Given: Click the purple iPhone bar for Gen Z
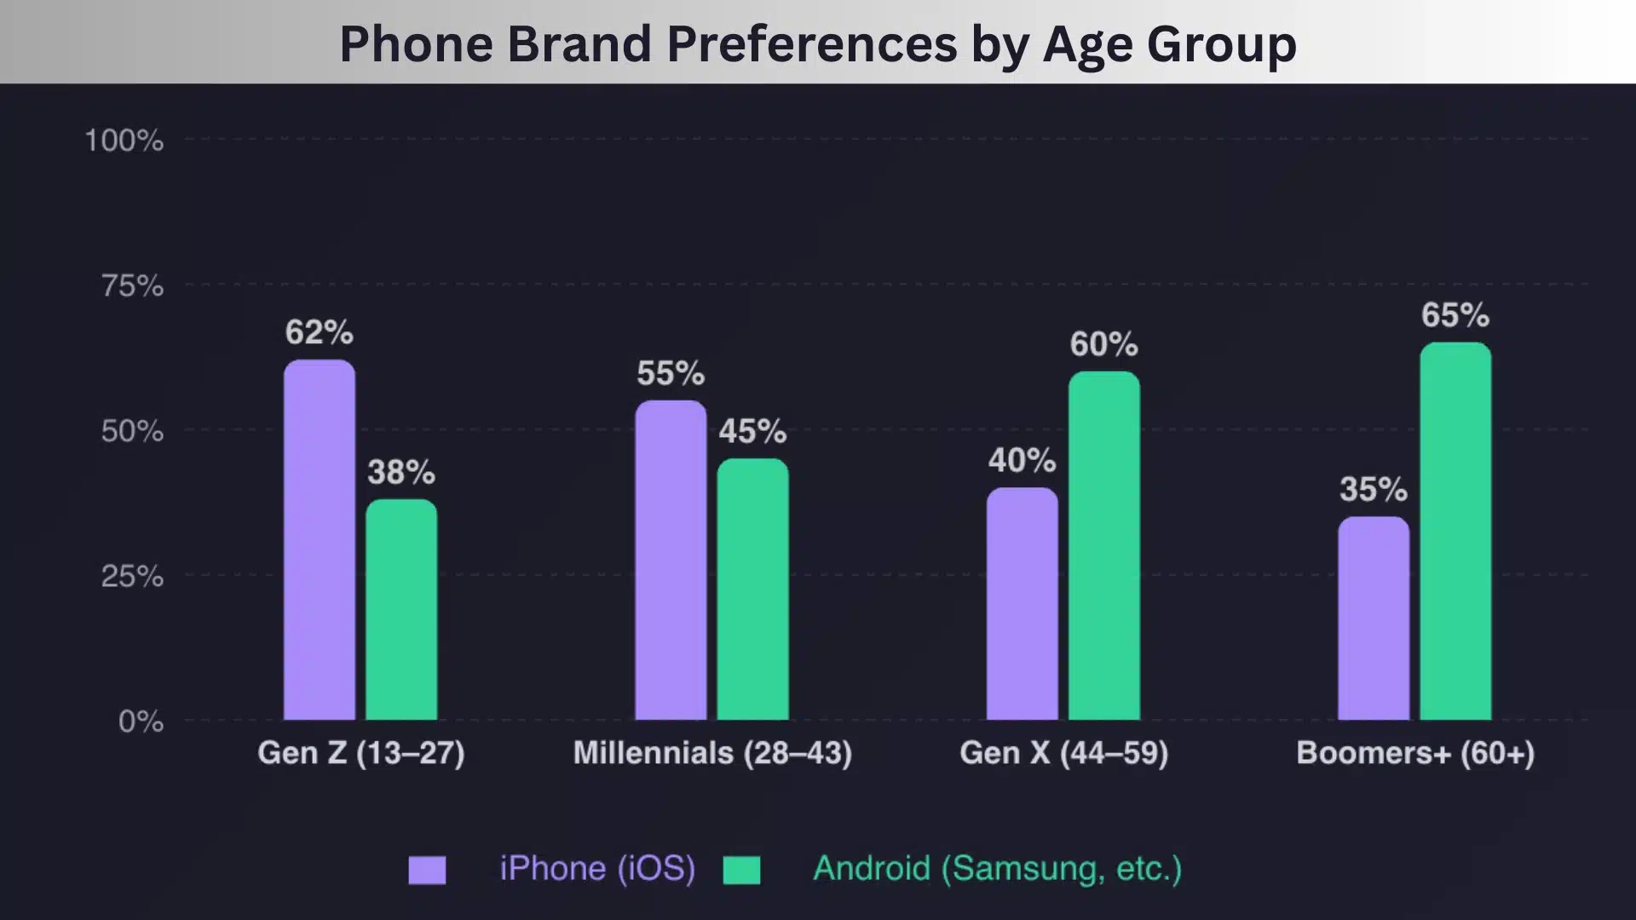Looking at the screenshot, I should coord(320,540).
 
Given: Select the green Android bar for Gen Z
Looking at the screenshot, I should coord(401,610).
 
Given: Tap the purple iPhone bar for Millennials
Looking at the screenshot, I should coord(671,561).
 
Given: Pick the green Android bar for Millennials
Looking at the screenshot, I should coord(752,589).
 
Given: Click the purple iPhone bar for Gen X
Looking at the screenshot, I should coord(1022,604).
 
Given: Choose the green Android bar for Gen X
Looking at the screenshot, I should coord(1104,546).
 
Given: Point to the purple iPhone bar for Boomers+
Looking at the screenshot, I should coord(1374,618).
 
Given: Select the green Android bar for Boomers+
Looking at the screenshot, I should coord(1455,532).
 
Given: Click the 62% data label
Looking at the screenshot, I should coord(320,332).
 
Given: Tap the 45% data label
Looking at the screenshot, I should coord(752,431).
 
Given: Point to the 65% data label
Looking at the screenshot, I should coord(1455,315).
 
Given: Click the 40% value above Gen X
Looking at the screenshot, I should coord(1022,461).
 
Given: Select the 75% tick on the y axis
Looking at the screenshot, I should coord(132,286).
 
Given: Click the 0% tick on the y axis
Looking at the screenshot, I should coord(141,722).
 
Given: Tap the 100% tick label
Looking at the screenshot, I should coord(124,141).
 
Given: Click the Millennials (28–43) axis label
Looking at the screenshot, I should coord(712,753).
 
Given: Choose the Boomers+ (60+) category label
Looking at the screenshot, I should coord(1415,753).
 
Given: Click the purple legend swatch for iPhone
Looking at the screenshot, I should coord(427,870).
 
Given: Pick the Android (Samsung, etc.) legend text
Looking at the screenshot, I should coord(997,869).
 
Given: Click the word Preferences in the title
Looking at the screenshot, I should coord(811,44).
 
